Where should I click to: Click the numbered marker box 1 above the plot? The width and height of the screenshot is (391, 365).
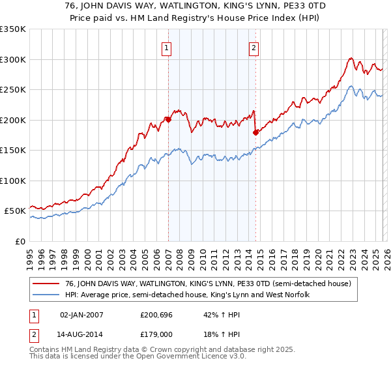tap(167, 48)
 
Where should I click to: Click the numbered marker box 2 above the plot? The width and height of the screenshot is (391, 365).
tap(253, 48)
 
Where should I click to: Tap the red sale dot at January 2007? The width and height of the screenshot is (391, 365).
tap(168, 119)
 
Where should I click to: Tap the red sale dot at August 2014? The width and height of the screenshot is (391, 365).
tap(255, 132)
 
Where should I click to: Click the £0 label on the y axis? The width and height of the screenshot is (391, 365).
tap(20, 241)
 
